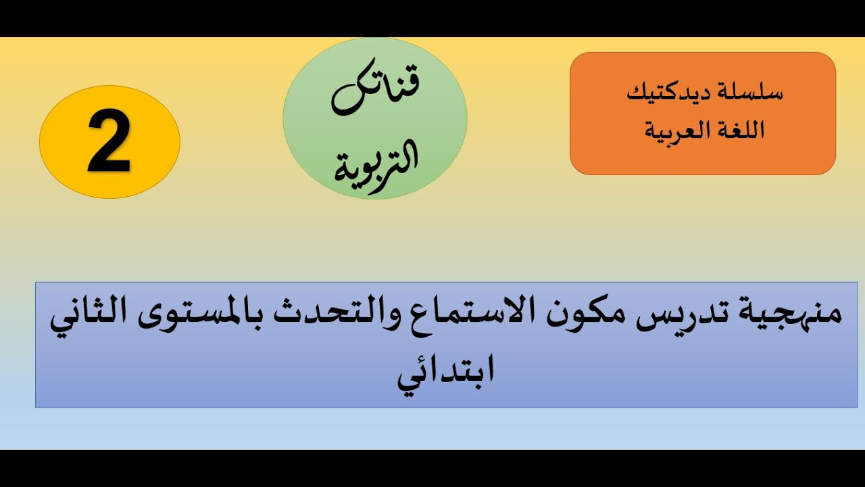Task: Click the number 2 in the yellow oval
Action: pos(109,143)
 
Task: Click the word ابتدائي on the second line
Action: pos(445,371)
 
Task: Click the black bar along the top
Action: pos(432,18)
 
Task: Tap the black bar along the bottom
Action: pos(432,468)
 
